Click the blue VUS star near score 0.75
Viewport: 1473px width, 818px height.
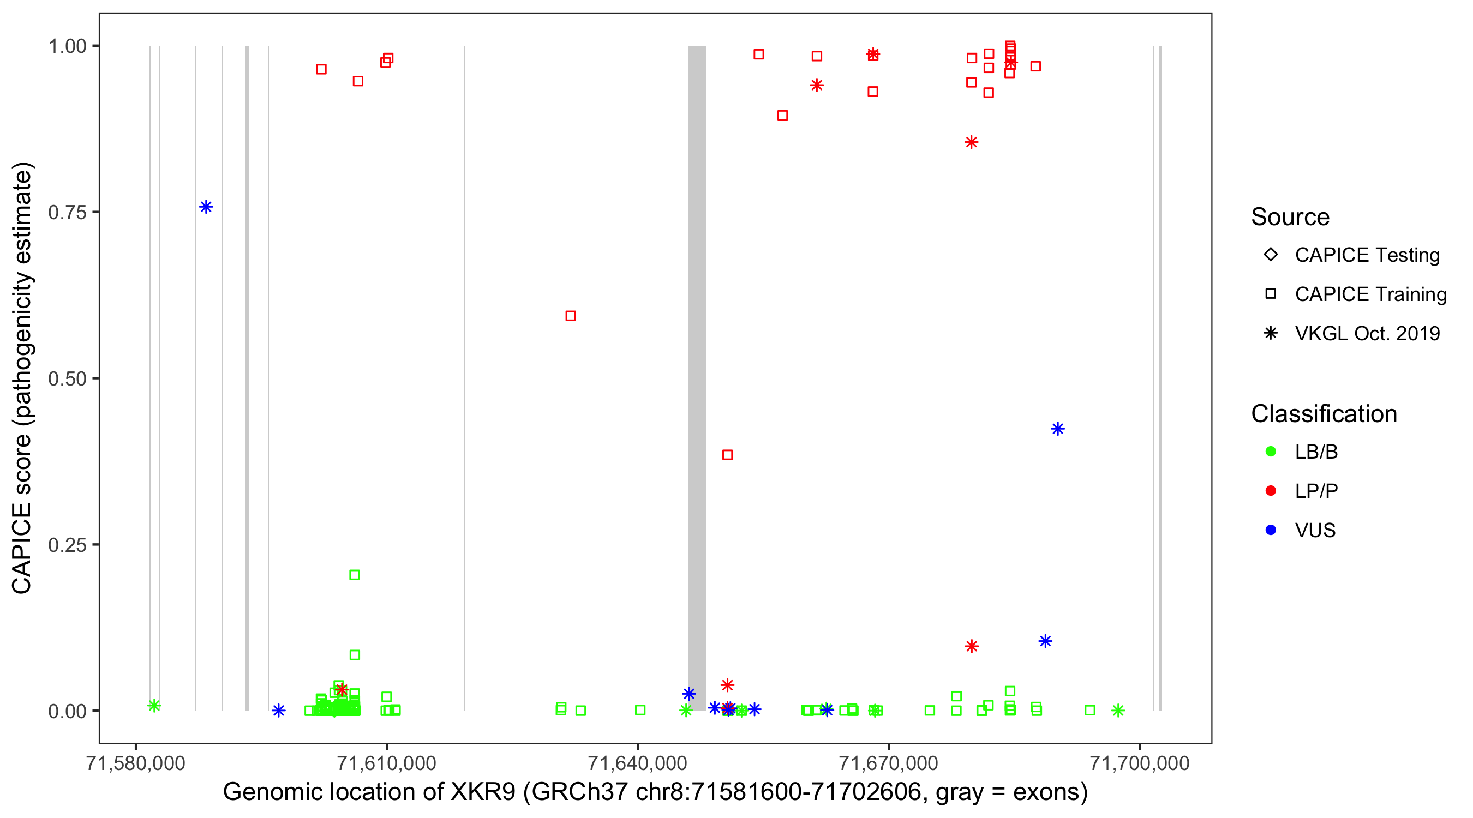point(206,207)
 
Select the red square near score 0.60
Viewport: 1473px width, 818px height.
point(570,316)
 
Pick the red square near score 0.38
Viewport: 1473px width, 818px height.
point(727,454)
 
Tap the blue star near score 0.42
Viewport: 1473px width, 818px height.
point(1057,429)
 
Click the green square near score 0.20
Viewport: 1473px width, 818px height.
point(355,574)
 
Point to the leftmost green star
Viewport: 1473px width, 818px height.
point(154,706)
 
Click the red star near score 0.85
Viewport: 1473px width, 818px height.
point(971,142)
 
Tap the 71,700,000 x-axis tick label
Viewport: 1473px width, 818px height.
point(1139,763)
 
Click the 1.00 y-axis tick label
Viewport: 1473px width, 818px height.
point(67,46)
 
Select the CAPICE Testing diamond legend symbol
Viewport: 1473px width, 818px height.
point(1271,254)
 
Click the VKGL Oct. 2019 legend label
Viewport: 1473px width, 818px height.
point(1367,333)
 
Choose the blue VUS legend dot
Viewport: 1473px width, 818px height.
point(1271,530)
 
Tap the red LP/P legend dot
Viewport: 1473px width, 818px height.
point(1271,490)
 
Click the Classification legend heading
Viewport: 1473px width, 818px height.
point(1324,414)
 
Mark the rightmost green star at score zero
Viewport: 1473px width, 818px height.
point(1118,711)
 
